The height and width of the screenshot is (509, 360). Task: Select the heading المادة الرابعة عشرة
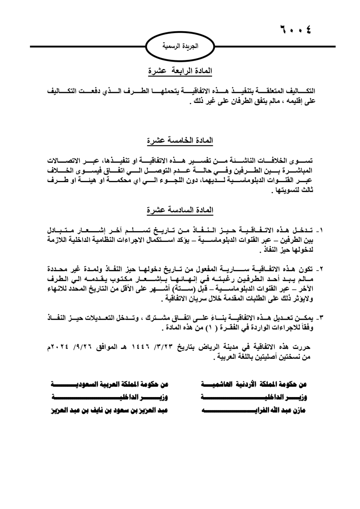[180, 71]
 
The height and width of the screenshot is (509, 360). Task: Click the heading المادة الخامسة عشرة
[180, 141]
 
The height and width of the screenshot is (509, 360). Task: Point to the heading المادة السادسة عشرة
[180, 210]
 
